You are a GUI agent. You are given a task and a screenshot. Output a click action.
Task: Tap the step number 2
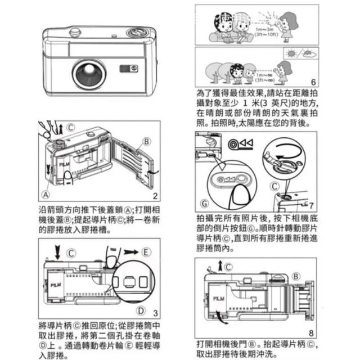tap(154, 196)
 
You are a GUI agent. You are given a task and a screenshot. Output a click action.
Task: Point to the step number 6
tap(313, 81)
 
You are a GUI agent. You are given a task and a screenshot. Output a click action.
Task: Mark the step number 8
tap(310, 332)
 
